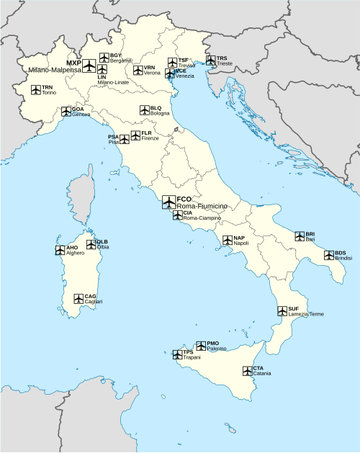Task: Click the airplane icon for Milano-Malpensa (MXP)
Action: click(89, 66)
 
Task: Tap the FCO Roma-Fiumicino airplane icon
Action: click(168, 202)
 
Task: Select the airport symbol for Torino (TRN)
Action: click(36, 90)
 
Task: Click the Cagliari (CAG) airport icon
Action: click(78, 298)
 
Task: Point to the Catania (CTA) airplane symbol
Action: click(247, 371)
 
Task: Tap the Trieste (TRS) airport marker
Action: click(211, 60)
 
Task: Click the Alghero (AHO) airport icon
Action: click(60, 251)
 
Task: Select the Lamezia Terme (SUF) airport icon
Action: click(282, 311)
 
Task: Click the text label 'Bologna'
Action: click(160, 114)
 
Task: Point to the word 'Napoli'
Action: click(240, 243)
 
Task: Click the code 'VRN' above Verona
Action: click(149, 67)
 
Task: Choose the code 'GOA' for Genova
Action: click(78, 109)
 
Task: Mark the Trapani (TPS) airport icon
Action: click(177, 354)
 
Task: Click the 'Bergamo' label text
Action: click(121, 60)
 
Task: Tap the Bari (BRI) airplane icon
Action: click(300, 236)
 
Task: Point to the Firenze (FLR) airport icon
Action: click(135, 135)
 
